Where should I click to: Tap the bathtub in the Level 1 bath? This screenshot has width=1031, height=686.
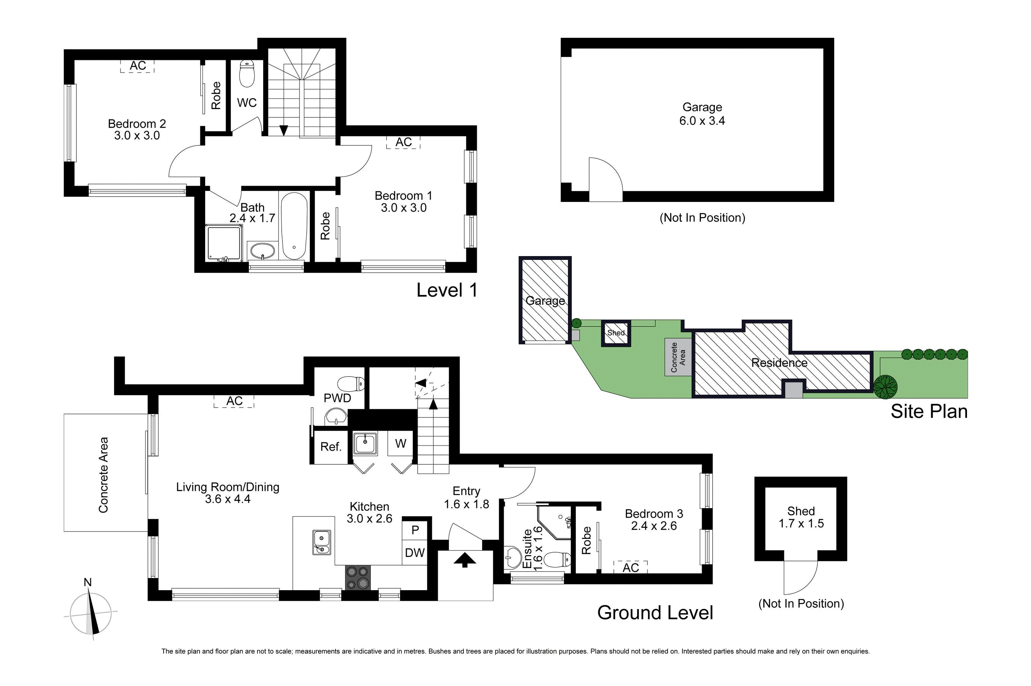pos(294,226)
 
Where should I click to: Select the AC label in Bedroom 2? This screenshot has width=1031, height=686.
pos(138,66)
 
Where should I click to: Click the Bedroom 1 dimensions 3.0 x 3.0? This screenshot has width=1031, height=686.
pos(403,208)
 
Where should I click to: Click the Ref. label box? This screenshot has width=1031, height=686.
pos(331,447)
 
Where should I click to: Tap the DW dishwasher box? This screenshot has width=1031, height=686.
pos(414,553)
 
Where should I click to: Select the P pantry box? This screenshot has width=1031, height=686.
pos(415,530)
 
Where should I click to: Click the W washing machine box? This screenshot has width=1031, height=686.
pos(401,444)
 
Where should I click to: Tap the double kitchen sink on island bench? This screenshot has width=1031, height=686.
pos(321,542)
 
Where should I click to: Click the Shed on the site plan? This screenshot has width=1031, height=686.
pos(616,333)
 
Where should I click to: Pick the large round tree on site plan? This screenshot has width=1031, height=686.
pos(885,387)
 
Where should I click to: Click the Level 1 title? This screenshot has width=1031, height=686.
pos(446,290)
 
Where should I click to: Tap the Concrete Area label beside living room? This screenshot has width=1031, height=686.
pos(103,475)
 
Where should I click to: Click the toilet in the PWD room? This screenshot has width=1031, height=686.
pos(351,384)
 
